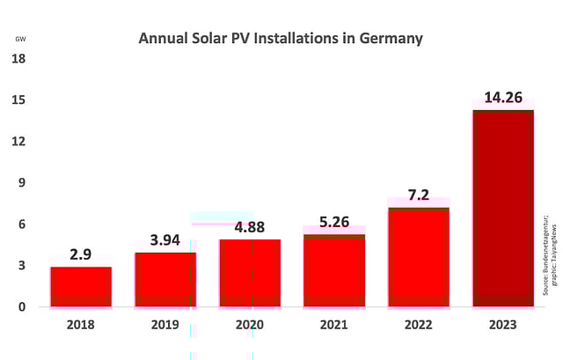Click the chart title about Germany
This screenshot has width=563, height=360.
(281, 39)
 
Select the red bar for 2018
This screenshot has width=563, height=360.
(81, 287)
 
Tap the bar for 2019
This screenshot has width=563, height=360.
(165, 280)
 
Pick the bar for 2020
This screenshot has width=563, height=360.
(250, 273)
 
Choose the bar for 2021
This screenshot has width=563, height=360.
(334, 270)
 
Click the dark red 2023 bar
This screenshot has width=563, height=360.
(503, 208)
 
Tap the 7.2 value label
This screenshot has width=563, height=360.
(419, 194)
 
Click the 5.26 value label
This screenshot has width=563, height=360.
(334, 221)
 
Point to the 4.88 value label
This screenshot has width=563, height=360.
(250, 226)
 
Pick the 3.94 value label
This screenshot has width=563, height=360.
(165, 239)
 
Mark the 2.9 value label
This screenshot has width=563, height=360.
(81, 253)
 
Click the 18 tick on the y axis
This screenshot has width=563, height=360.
(18, 59)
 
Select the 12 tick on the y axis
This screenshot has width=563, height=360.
(18, 142)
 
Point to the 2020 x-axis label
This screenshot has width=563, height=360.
(250, 325)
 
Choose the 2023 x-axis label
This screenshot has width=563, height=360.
(503, 325)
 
